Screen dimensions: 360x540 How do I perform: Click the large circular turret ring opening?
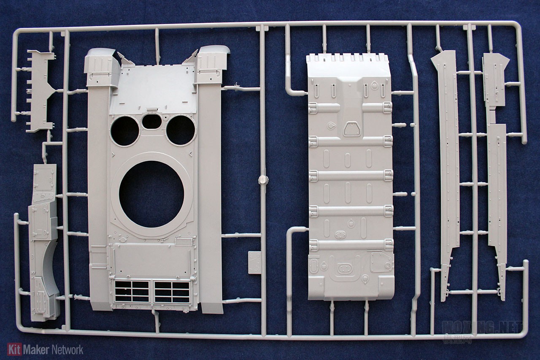151,194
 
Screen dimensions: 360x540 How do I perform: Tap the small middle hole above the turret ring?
151,122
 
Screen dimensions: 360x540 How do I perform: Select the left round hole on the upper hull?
125,131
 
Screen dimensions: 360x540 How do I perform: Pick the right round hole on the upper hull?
181,130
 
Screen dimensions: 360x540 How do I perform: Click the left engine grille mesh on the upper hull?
132,291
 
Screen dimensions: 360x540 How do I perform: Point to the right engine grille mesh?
172,291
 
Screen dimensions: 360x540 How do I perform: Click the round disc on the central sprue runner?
263,179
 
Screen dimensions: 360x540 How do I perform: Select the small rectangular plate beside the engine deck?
255,263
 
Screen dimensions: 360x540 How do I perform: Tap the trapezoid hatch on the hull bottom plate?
351,128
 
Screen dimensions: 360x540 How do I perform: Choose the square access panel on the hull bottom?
381,262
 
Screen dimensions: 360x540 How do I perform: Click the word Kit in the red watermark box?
14,349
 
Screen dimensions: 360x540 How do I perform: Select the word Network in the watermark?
67,349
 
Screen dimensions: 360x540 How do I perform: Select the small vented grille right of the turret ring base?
184,242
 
